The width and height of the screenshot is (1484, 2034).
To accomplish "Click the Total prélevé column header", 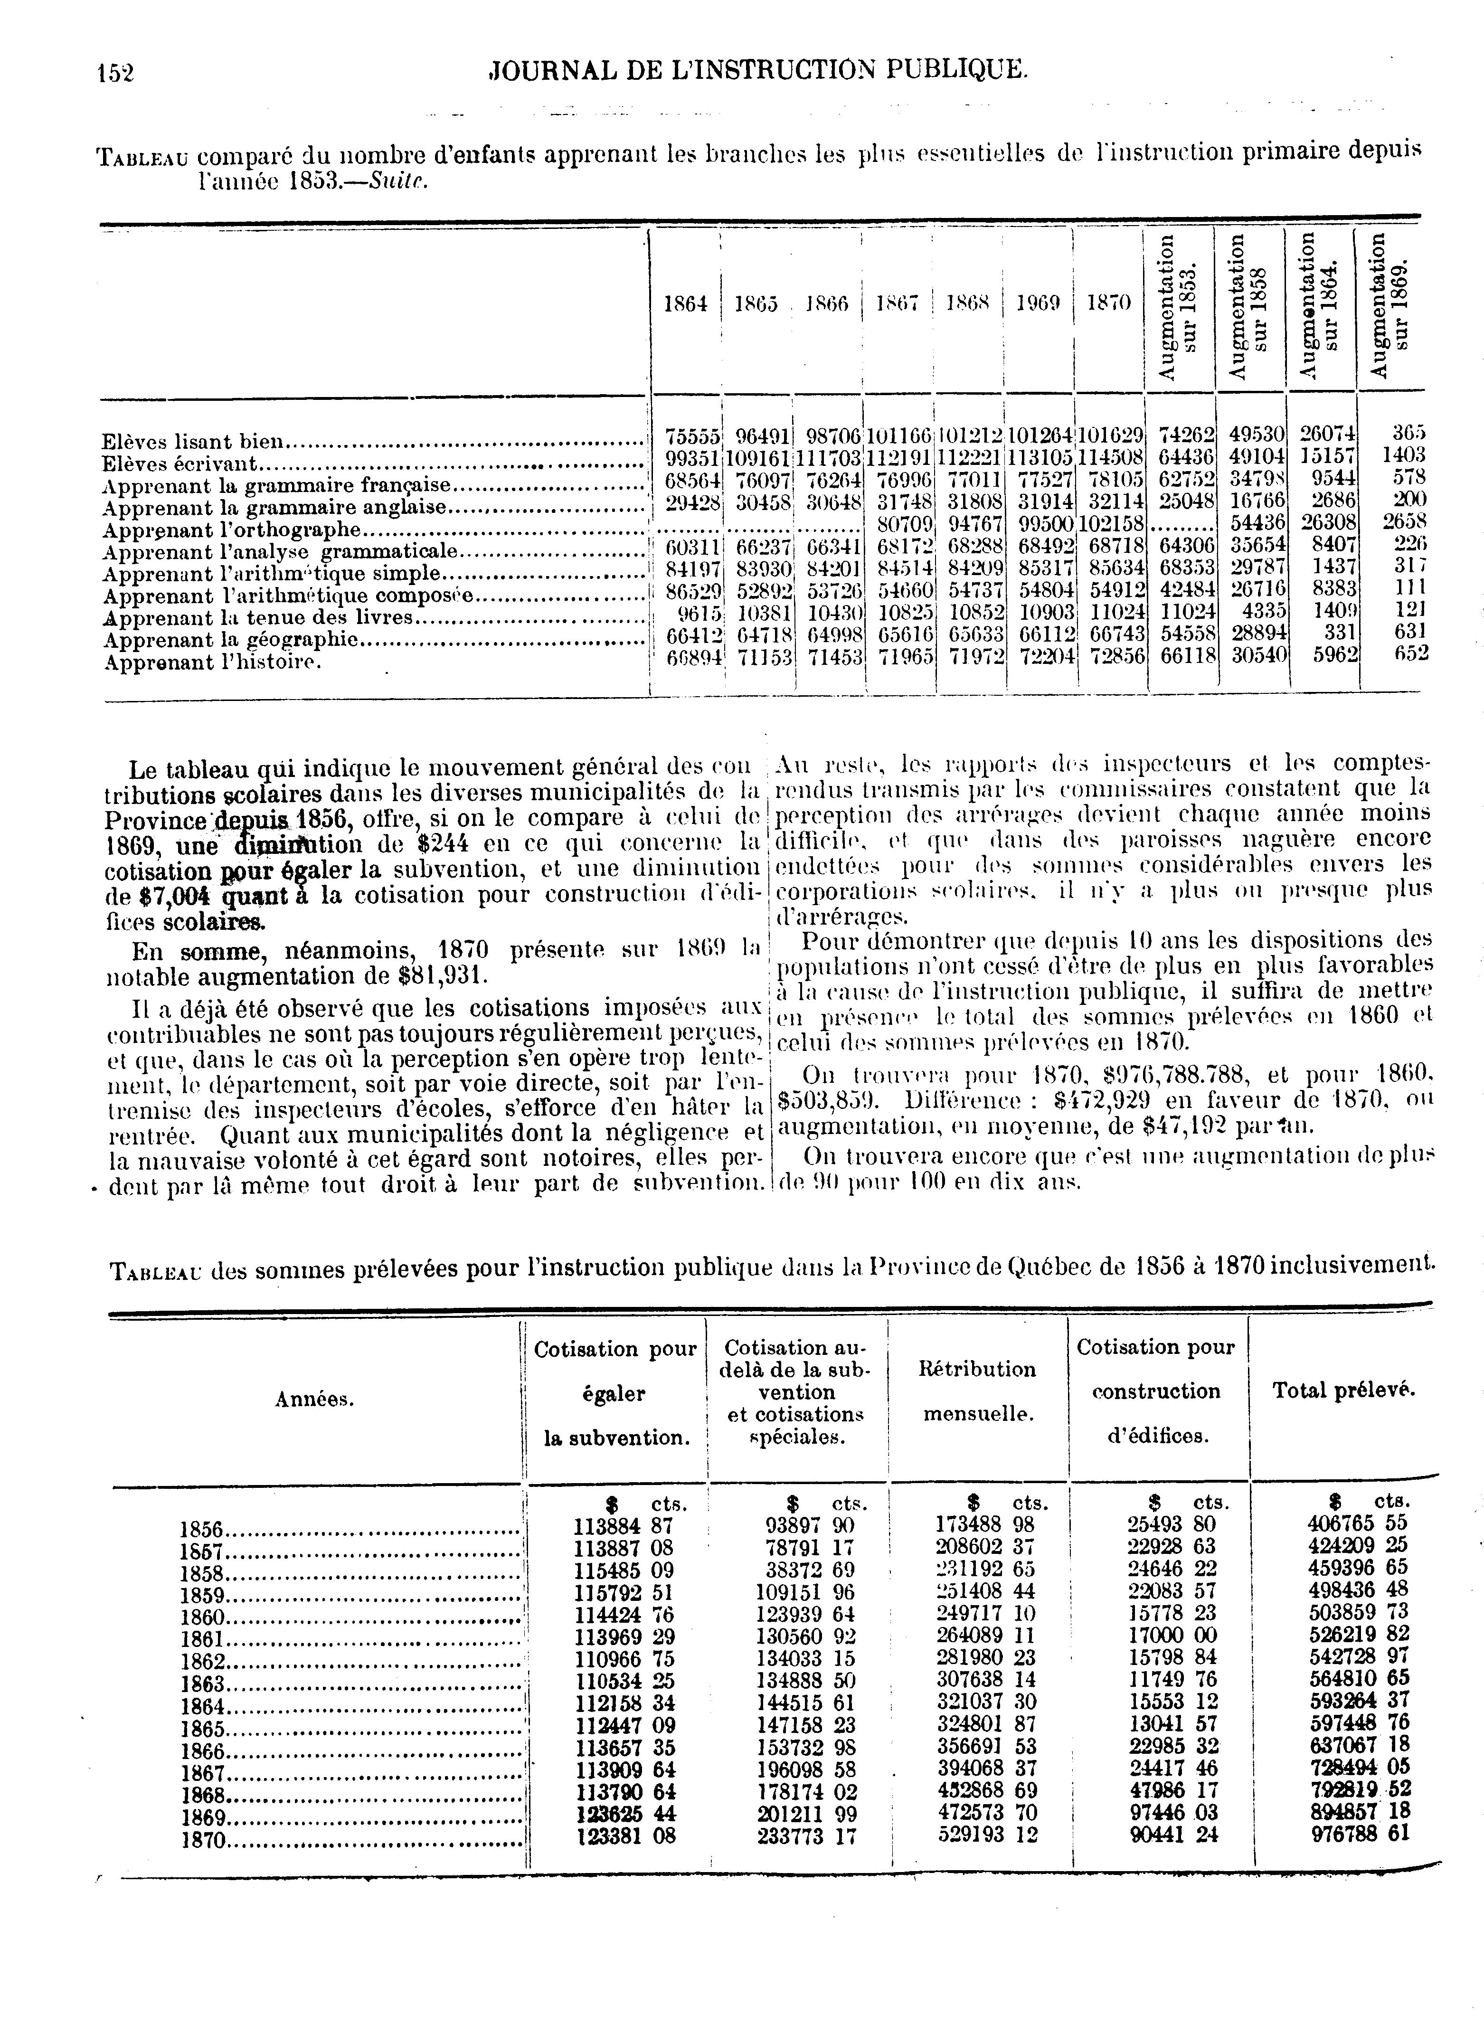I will click(1343, 1391).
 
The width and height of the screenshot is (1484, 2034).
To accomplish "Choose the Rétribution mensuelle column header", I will click(977, 1391).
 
